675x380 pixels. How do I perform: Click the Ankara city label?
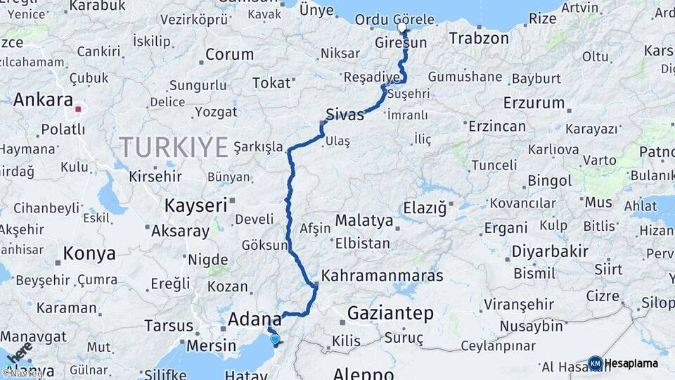pos(43,99)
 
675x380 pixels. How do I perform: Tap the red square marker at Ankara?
pos(79,110)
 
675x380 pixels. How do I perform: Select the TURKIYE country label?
pos(174,147)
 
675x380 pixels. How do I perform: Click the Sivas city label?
pos(345,115)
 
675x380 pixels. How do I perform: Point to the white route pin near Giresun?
pos(402,27)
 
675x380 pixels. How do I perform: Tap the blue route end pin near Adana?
pos(274,339)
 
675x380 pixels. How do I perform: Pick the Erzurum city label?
pos(534,103)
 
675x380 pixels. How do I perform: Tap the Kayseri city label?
pos(195,205)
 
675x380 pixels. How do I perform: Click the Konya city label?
pos(89,253)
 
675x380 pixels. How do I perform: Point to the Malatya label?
pos(364,220)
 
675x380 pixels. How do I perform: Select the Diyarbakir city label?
pos(549,252)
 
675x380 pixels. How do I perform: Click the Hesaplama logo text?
pos(632,363)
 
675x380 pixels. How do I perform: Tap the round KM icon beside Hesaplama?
pos(596,363)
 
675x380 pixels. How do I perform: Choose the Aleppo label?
pos(363,373)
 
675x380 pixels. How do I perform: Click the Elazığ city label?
pos(425,208)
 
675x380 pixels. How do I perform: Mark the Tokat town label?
pos(271,83)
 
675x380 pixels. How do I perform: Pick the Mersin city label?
pos(212,346)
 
